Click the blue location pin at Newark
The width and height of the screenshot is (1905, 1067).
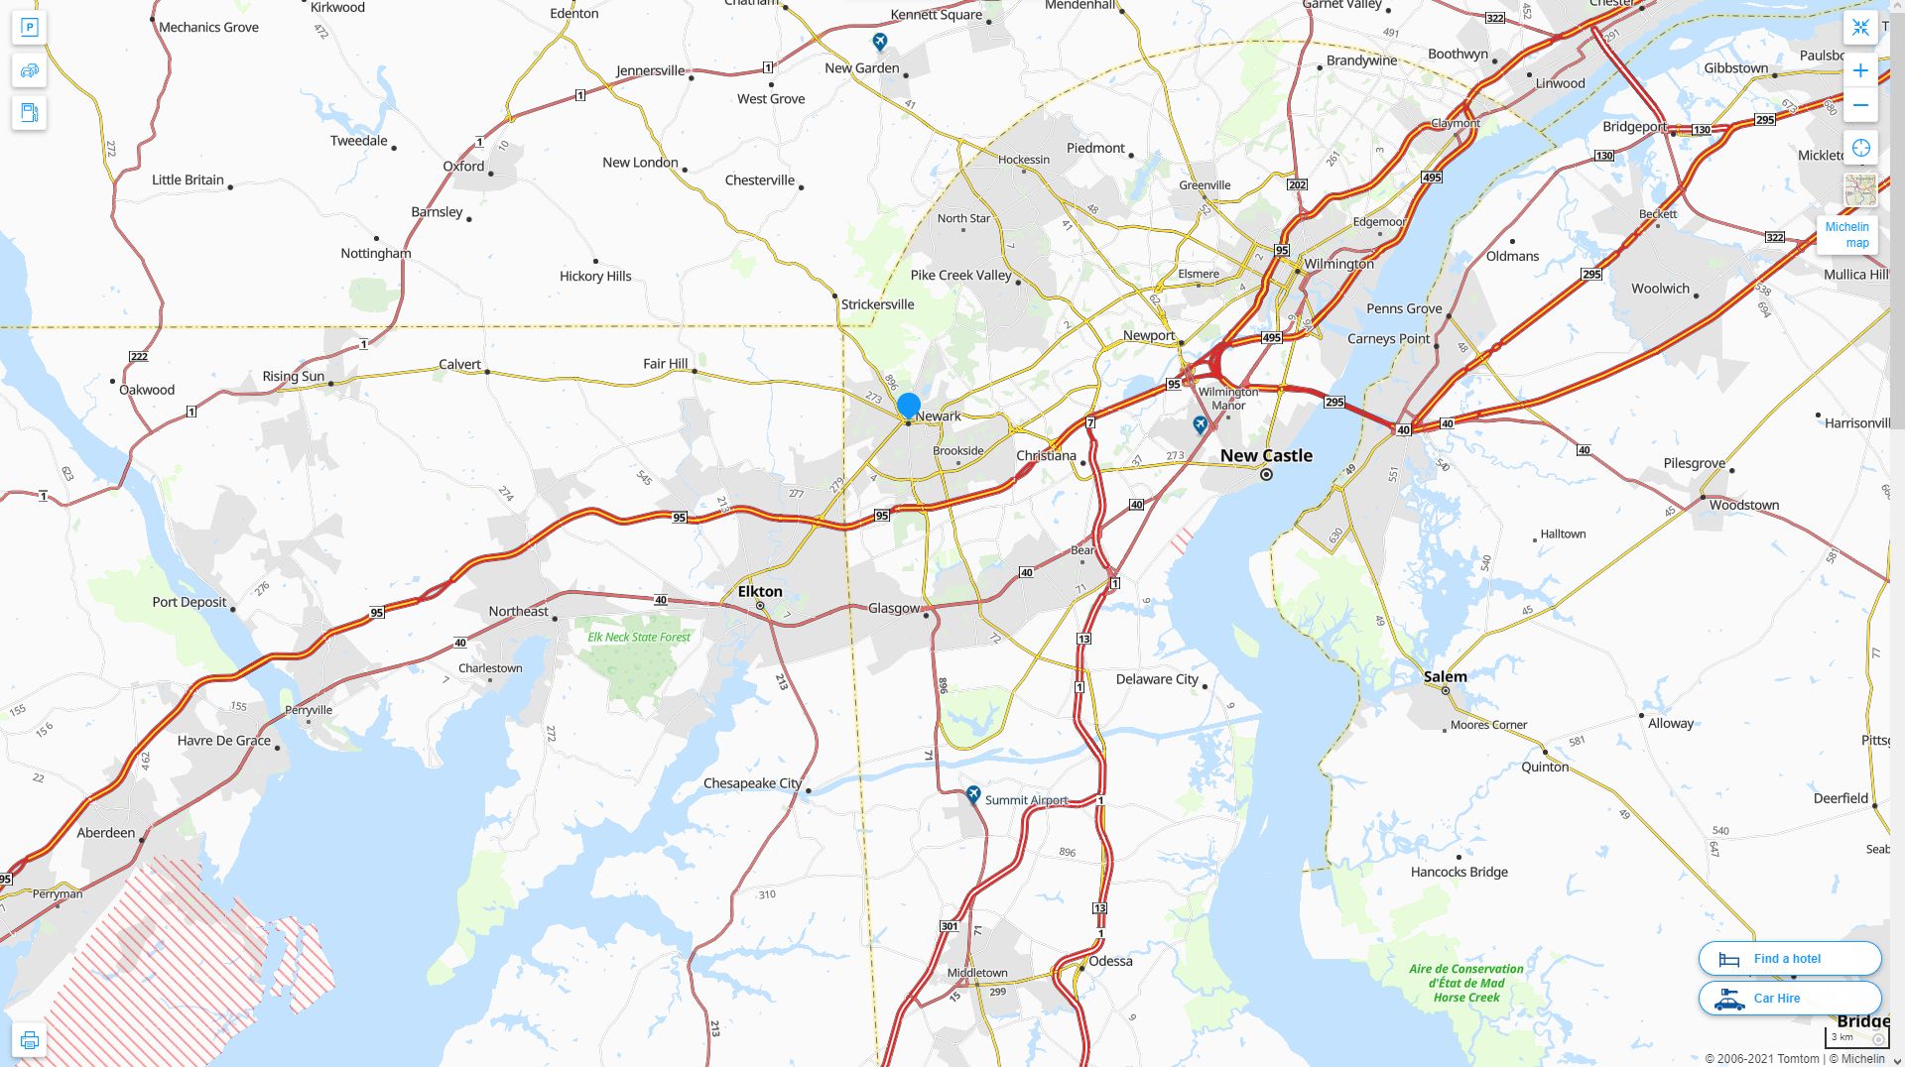908,406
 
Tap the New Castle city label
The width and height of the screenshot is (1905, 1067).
1266,456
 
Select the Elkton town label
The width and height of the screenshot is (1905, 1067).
760,592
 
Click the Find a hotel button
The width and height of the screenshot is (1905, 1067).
1789,959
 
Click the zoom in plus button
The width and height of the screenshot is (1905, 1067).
1860,70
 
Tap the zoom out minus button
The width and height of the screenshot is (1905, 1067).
1860,105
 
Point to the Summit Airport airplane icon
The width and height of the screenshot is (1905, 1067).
973,794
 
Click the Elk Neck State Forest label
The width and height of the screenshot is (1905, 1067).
639,638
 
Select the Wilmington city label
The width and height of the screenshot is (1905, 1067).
1338,264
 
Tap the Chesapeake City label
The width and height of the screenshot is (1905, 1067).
752,783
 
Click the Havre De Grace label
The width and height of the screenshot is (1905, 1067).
224,741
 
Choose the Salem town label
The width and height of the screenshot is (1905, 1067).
1445,677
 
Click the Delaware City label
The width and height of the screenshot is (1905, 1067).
1157,679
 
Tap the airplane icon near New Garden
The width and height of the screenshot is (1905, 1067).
879,42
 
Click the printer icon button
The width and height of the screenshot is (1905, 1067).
29,1040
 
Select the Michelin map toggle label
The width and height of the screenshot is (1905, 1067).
1846,235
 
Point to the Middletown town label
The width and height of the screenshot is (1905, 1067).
977,973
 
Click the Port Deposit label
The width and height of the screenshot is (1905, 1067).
190,602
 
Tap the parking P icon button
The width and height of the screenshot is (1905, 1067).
29,28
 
